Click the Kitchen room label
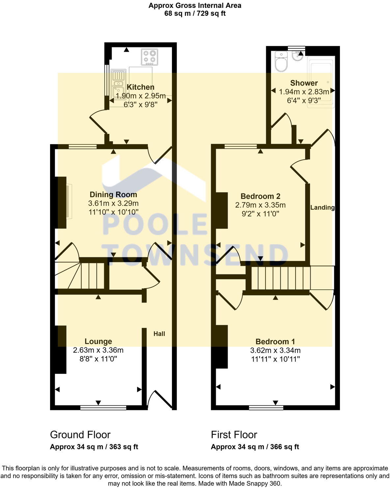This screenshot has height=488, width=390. [141, 87]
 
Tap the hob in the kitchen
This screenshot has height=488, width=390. [150, 57]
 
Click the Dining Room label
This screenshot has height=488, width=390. [113, 194]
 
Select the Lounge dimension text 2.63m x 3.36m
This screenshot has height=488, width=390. [98, 350]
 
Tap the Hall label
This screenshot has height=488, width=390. [159, 334]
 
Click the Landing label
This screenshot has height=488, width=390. [322, 208]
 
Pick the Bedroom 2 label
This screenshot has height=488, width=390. [260, 196]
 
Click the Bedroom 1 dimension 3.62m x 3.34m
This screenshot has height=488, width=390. [275, 350]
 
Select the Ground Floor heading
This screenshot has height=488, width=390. [80, 435]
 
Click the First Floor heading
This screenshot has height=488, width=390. [234, 435]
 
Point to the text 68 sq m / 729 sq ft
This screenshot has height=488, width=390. [195, 13]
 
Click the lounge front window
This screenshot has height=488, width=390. [103, 408]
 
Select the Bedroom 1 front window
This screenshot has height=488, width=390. [266, 408]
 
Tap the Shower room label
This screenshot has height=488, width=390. [304, 83]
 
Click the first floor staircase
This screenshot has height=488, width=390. [280, 278]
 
